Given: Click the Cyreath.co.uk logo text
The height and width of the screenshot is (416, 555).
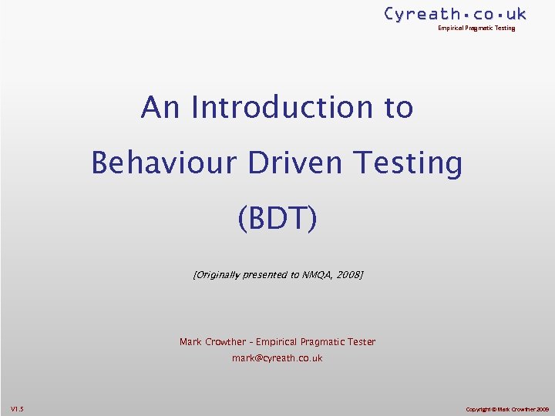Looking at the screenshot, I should [x=455, y=14].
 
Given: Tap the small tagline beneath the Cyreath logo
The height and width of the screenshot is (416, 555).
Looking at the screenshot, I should [x=476, y=29].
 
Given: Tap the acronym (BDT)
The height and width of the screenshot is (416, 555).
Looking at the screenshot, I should [x=277, y=218].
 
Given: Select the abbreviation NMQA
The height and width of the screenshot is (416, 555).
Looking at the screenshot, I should [x=319, y=274].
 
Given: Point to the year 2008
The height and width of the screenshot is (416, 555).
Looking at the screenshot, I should [x=349, y=274].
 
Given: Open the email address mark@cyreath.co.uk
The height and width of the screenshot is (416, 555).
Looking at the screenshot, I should [x=277, y=358].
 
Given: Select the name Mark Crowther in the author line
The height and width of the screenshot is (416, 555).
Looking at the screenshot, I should [x=213, y=342].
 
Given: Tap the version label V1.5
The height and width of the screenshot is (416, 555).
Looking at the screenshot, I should [x=17, y=408].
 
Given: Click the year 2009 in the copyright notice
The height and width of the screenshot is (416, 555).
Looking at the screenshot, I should [x=540, y=408].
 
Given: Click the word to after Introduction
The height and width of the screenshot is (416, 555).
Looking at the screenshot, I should [x=399, y=107].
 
